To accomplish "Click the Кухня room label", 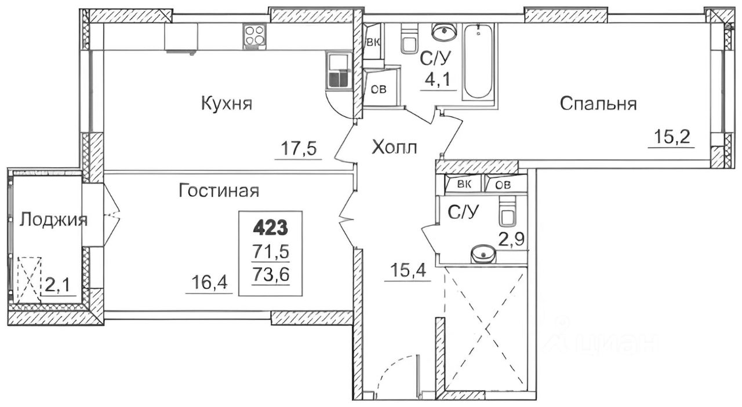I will (226, 104).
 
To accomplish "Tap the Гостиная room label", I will (218, 190).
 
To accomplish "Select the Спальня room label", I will (598, 104).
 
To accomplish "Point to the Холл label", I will (394, 148).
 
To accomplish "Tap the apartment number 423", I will (270, 228).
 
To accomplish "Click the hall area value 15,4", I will (408, 270).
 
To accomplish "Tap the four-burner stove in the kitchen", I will (255, 36).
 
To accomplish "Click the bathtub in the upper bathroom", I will (478, 61).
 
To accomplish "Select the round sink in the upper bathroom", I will (445, 30).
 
